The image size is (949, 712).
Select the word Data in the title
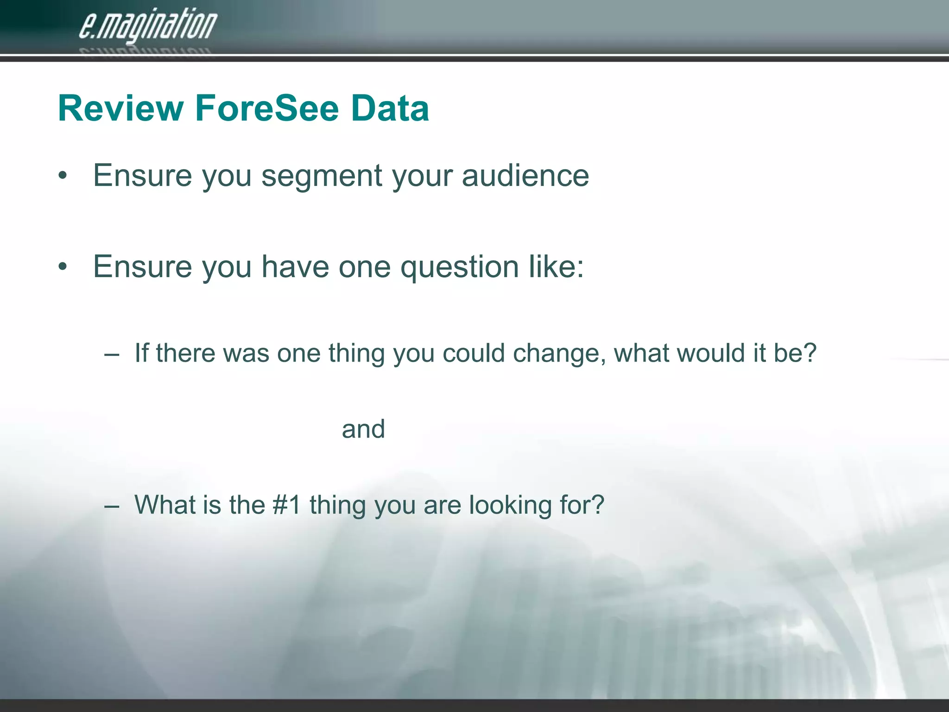[390, 108]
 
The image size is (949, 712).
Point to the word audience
[525, 176]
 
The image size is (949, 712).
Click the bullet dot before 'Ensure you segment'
[63, 176]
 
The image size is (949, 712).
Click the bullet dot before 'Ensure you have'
[63, 267]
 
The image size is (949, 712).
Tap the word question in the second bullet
[459, 267]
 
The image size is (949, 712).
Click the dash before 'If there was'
[112, 354]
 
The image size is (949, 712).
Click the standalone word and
[363, 429]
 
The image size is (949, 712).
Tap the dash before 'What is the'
[112, 506]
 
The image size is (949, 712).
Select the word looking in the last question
[510, 506]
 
